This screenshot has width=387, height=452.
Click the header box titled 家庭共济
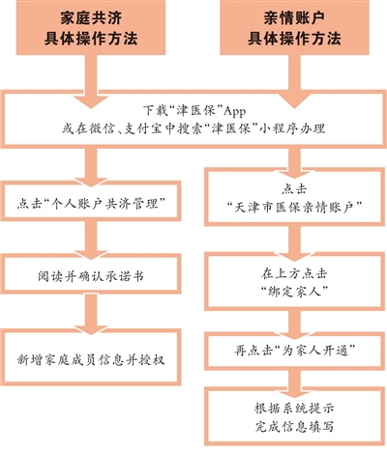(x=91, y=27)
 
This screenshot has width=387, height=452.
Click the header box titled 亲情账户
(x=294, y=27)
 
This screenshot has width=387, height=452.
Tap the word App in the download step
(x=235, y=111)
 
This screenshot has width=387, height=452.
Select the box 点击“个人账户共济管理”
(x=91, y=201)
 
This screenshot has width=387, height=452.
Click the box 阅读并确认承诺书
(x=91, y=274)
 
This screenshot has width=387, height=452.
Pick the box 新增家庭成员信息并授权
(x=91, y=357)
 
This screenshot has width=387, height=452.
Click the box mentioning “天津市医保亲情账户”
(x=295, y=197)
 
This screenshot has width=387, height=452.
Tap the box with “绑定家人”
(x=295, y=282)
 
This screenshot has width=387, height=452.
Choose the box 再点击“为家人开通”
(x=295, y=351)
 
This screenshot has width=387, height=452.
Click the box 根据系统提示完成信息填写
(x=295, y=417)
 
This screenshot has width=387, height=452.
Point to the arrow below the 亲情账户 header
(x=294, y=81)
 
